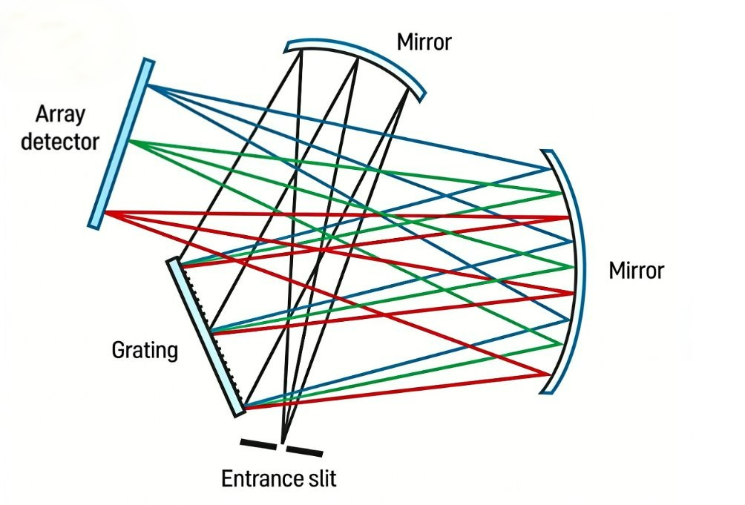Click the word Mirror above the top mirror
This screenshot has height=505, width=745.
pyautogui.click(x=424, y=42)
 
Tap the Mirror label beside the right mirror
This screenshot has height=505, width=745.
pyautogui.click(x=636, y=271)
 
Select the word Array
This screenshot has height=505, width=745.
pyautogui.click(x=60, y=116)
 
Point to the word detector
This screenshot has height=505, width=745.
pyautogui.click(x=60, y=142)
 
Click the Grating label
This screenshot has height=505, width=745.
pyautogui.click(x=145, y=350)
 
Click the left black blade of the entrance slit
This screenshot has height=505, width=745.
pyautogui.click(x=258, y=444)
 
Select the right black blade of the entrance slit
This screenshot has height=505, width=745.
pyautogui.click(x=304, y=451)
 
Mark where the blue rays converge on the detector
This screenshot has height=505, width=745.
pyautogui.click(x=148, y=85)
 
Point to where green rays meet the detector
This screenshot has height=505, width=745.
pyautogui.click(x=129, y=140)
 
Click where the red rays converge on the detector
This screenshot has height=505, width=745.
pyautogui.click(x=105, y=212)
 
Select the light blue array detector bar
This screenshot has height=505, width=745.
pyautogui.click(x=121, y=144)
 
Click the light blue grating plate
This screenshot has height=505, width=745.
pyautogui.click(x=206, y=337)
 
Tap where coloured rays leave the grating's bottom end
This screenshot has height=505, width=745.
pyautogui.click(x=245, y=407)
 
